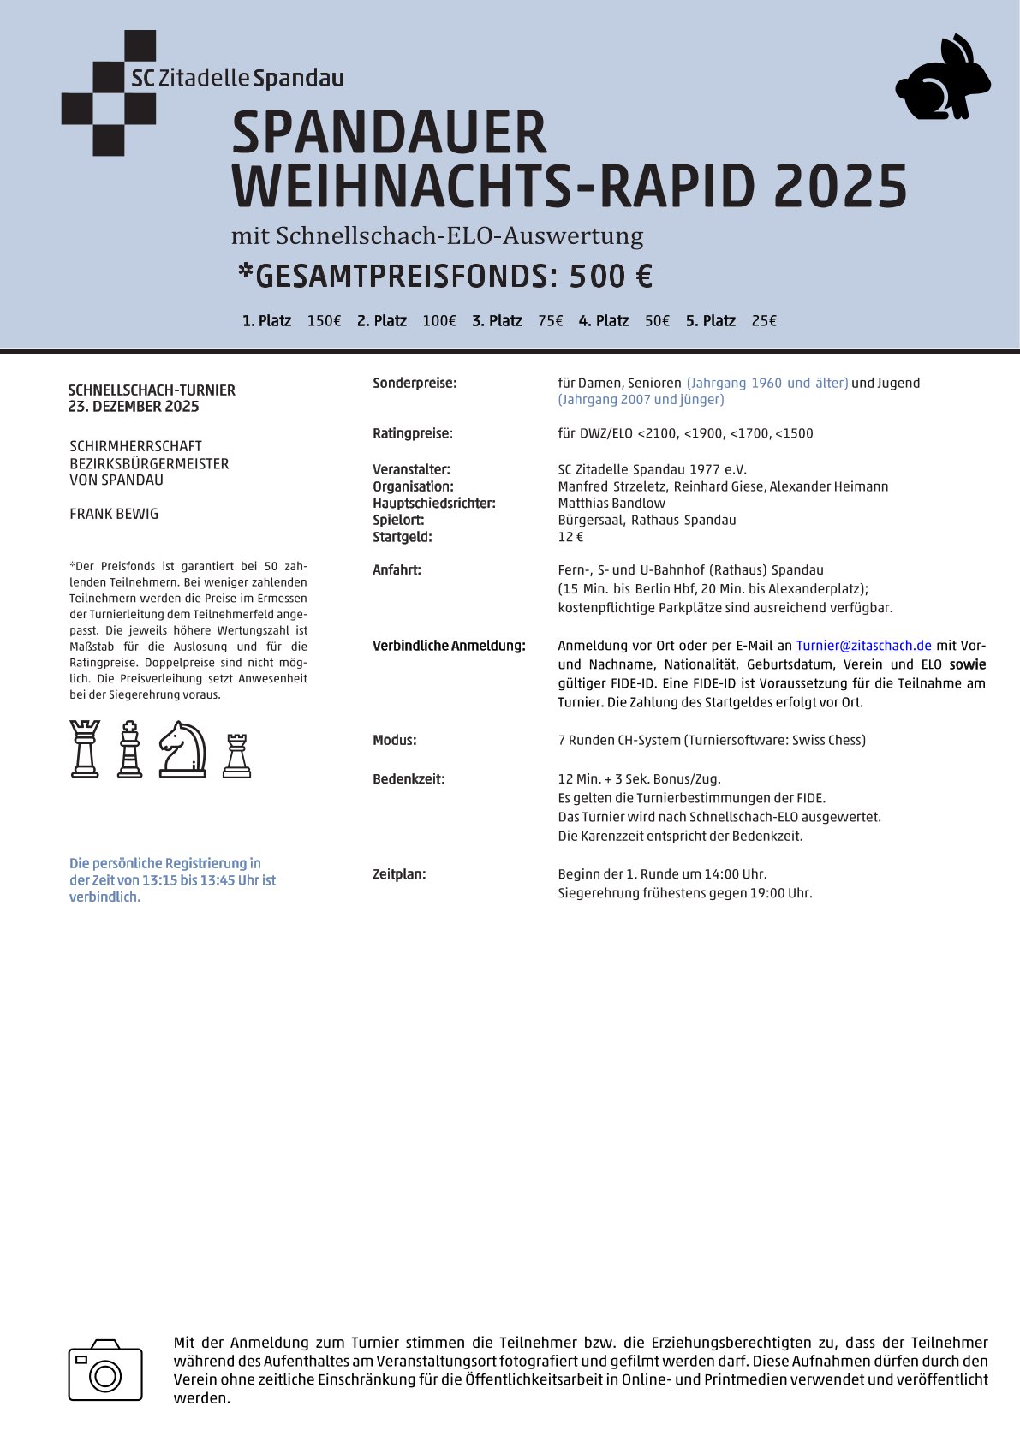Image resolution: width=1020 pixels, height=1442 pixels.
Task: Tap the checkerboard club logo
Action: pos(109,92)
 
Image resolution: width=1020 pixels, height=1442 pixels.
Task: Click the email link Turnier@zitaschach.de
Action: pos(863,646)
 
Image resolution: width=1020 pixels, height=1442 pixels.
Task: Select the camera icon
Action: pos(105,1370)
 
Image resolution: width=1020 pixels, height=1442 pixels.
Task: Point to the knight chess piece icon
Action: pos(182,749)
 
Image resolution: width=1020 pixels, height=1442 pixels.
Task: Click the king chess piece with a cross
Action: pos(129,749)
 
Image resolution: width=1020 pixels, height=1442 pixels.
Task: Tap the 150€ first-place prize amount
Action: pos(324,321)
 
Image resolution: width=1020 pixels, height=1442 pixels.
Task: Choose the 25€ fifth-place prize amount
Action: pos(764,321)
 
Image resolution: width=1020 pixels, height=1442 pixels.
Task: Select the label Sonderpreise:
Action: pos(415,384)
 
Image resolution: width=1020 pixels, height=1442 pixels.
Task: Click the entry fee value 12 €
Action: pos(570,537)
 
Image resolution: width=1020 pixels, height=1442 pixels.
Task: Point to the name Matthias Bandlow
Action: pos(611,504)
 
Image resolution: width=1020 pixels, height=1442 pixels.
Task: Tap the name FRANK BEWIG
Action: pos(114,514)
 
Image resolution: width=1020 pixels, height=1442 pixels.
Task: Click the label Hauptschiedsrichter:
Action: pos(434,504)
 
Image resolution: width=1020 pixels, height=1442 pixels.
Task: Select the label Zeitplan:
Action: pos(399,874)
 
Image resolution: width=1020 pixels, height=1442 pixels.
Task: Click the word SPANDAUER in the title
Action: pos(389,133)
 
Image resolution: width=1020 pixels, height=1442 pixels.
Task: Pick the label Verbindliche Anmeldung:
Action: pos(449,646)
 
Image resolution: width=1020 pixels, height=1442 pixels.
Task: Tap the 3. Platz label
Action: pos(497,321)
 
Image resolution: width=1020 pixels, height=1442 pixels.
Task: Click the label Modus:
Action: pos(395,740)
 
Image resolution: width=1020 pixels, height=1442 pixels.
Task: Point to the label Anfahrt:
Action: pos(397,570)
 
